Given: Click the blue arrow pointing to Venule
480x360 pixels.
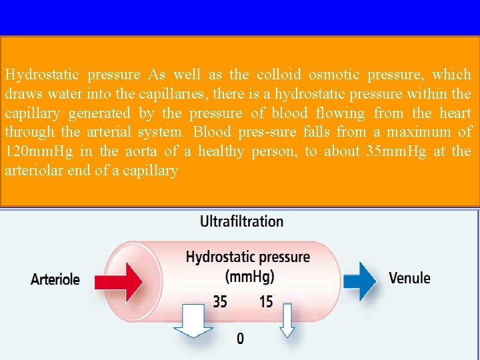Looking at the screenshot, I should (359, 279).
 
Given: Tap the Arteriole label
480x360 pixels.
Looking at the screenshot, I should (55, 279).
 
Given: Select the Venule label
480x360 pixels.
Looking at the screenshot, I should (409, 278).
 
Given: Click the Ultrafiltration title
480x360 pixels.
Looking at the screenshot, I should (242, 221).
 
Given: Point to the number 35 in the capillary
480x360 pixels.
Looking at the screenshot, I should (220, 302).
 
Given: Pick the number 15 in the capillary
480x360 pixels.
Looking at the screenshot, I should (266, 302).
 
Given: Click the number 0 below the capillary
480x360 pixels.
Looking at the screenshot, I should (241, 339).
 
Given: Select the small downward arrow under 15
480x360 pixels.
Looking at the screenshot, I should (287, 320).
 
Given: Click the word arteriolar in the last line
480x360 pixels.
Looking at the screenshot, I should (34, 171).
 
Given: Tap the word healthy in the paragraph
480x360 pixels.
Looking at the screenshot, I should (222, 151).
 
